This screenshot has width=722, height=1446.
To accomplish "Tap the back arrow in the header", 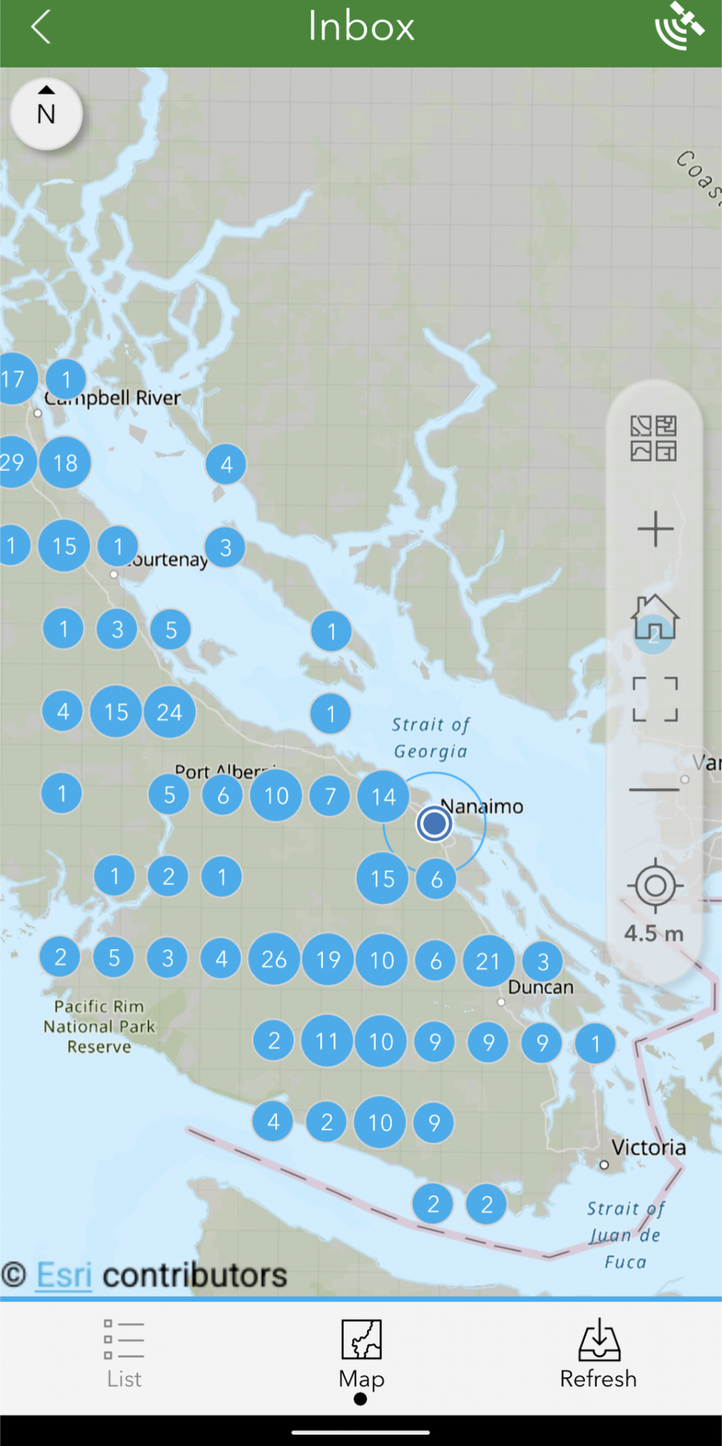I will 41,27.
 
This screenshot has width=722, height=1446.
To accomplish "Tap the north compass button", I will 46,114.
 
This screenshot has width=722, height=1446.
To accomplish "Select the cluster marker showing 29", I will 14,462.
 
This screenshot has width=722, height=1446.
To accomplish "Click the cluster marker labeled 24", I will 169,712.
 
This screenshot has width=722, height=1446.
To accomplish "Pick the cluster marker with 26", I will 274,959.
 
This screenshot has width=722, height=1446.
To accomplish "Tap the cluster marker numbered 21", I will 488,961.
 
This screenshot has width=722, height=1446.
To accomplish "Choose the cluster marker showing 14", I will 383,796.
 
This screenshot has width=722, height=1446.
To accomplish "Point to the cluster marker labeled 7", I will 330,796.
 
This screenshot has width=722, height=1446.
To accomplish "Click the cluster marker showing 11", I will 327,1041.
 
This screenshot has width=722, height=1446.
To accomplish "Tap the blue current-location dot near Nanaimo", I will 434,823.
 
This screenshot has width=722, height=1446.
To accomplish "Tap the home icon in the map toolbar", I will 654,618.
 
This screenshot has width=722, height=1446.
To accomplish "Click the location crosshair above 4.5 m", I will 654,886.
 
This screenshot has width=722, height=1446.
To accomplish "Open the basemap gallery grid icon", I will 653,438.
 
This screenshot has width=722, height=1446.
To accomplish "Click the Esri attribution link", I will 64,1275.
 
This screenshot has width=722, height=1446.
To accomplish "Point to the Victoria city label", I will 648,1148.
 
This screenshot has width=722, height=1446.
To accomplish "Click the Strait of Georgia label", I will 431,737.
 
